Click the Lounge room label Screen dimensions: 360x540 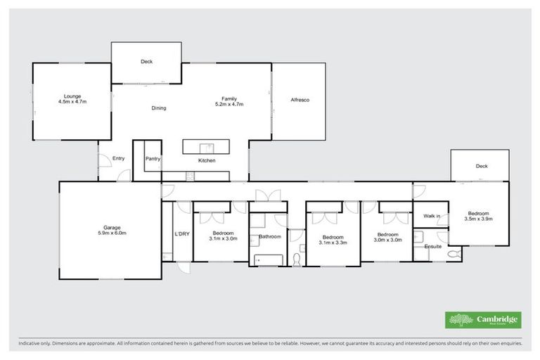click(x=72, y=96)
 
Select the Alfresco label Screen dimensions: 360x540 click(x=300, y=100)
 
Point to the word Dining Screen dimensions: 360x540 click(x=159, y=108)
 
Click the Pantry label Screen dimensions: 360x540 click(x=153, y=159)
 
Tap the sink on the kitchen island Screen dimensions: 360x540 click(x=209, y=147)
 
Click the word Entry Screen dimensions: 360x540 click(x=118, y=158)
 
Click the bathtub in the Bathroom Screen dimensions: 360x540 click(x=268, y=260)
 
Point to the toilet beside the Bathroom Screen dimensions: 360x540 click(x=297, y=259)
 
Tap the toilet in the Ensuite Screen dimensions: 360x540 click(x=451, y=253)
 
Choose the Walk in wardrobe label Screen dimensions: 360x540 click(x=431, y=216)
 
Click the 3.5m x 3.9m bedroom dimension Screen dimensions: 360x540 click(x=479, y=218)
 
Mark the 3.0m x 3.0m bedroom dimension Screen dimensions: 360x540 click(x=387, y=240)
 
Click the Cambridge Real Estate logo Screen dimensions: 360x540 click(x=483, y=319)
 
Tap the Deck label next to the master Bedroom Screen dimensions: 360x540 click(x=481, y=167)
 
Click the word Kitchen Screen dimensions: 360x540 click(x=206, y=161)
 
